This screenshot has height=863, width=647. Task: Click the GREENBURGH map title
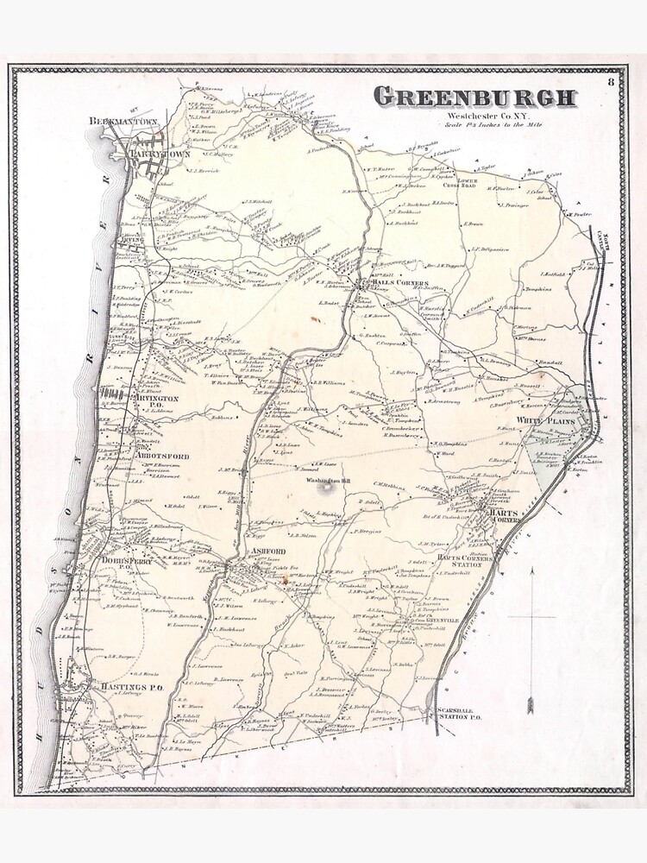pos(474,97)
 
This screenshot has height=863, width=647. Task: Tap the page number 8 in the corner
pos(611,82)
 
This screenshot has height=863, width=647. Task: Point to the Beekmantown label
pos(124,123)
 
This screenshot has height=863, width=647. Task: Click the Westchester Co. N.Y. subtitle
pos(474,117)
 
